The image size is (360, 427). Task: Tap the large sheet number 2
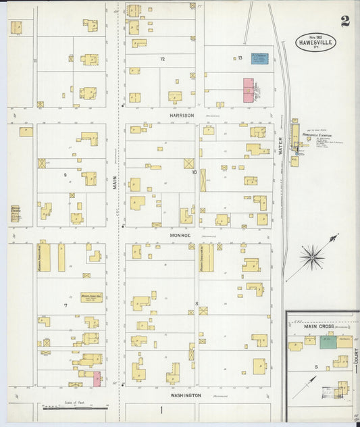pos(345,21)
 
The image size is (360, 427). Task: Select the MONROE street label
pos(180,235)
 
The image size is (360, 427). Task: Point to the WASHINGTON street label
pos(184,395)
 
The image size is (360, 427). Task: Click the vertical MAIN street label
pos(115,182)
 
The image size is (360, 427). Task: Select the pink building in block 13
pos(248,89)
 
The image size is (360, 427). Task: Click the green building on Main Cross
pos(328,342)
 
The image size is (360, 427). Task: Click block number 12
pos(162,59)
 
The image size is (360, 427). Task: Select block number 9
pos(66,175)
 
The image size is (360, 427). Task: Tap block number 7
pos(66,305)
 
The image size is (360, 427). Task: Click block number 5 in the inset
pos(315,366)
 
